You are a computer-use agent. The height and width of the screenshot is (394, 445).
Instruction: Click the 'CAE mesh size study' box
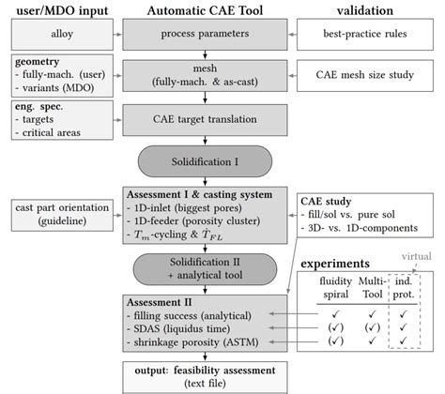(x=362, y=76)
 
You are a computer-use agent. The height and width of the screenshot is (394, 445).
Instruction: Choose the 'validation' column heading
(x=362, y=9)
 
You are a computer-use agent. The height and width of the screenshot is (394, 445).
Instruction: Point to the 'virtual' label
(x=410, y=254)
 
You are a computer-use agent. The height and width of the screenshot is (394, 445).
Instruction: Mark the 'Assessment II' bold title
(x=161, y=302)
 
